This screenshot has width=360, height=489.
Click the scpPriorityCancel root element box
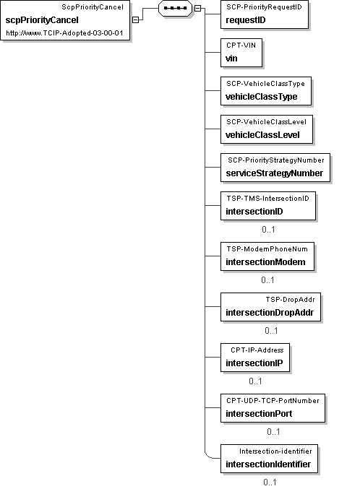point(65,20)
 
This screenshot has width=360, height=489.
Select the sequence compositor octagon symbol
point(175,8)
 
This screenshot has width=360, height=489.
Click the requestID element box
point(265,14)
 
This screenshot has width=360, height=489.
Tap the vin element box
point(241,53)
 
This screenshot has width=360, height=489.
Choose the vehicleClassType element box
point(266,91)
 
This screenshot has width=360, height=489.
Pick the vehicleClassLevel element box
point(267,129)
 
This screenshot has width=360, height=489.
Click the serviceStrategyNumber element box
point(275,168)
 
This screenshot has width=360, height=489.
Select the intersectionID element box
point(268,206)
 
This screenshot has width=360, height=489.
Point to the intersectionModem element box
point(267,256)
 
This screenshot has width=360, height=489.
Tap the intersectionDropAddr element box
point(270,307)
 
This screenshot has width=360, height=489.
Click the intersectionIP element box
point(255,358)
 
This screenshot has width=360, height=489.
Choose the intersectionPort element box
point(273,408)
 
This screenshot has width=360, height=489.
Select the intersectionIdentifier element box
point(269,459)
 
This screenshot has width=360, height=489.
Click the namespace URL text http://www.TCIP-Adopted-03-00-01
point(64,33)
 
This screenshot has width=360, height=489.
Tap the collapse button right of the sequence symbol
point(197,9)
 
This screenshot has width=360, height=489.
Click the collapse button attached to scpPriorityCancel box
point(135,20)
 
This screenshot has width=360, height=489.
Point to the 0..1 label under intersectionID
point(268,230)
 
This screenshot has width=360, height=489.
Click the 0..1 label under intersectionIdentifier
point(270,482)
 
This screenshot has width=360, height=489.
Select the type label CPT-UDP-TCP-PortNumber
point(273,400)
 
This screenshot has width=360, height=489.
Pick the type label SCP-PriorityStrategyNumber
point(276,160)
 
